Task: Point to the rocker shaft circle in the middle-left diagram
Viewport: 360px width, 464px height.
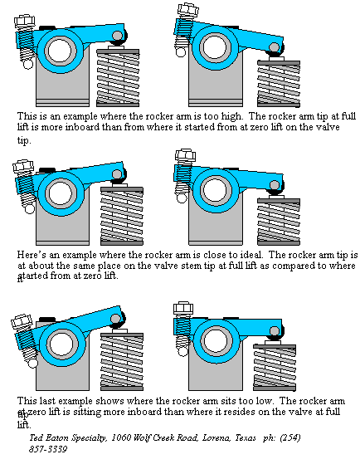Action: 58,195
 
